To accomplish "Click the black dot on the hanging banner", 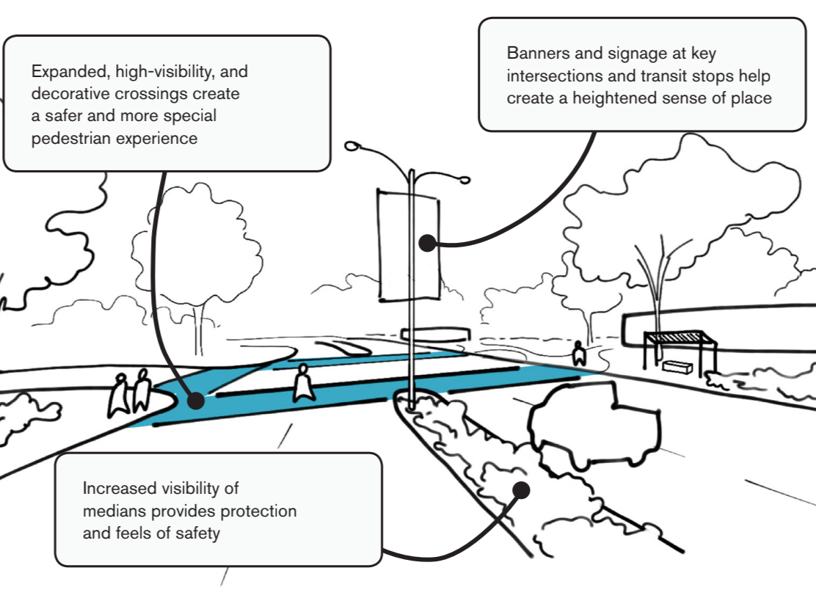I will tap(427, 244).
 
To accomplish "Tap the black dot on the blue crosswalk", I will tap(195, 401).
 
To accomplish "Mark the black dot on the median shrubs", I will tap(522, 488).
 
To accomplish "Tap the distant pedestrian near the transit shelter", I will tap(579, 354).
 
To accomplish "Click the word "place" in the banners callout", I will tap(750, 98).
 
